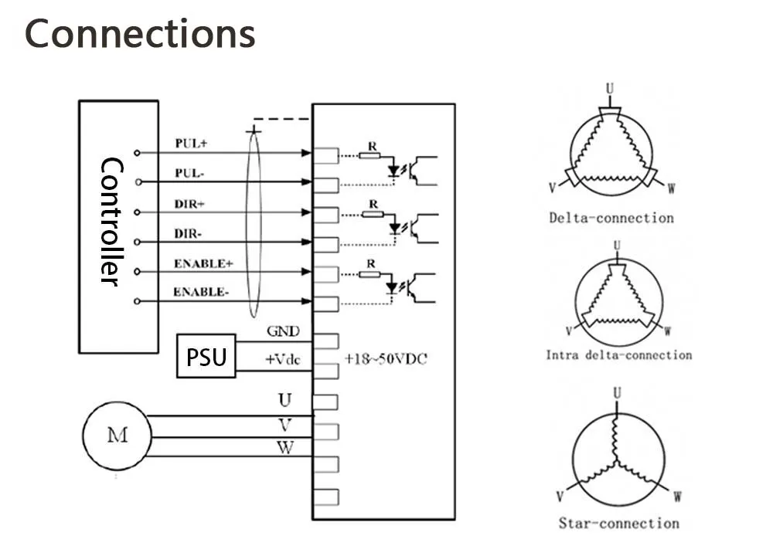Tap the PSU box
click(206, 356)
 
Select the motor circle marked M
click(117, 436)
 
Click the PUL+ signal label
click(191, 144)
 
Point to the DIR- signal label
click(188, 233)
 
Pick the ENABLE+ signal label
click(203, 263)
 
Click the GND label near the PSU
click(283, 331)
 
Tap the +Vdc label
click(283, 359)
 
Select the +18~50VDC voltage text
click(385, 359)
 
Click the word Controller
click(111, 222)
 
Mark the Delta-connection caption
click(611, 218)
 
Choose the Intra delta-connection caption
click(618, 354)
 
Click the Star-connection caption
click(618, 523)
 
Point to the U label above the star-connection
click(617, 393)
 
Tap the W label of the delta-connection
click(671, 188)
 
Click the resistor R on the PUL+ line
click(369, 155)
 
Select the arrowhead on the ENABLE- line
click(306, 301)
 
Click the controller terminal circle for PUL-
click(138, 182)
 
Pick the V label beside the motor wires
click(285, 425)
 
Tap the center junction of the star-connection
click(616, 462)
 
